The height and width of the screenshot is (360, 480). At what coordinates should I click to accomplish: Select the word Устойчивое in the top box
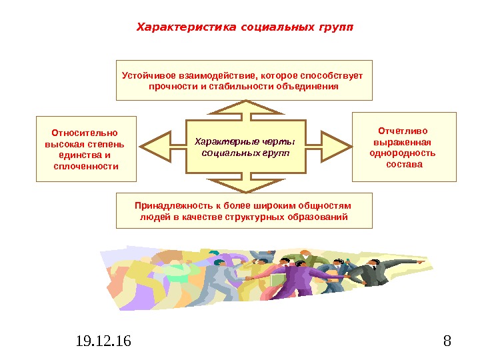coord(145,75)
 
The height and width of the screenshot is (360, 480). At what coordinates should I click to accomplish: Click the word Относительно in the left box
coord(85,132)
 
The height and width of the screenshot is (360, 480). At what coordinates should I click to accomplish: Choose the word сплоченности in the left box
coord(85,166)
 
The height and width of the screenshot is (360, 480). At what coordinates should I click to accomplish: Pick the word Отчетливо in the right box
coord(403,131)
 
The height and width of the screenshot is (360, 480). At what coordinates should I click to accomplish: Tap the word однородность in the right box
coord(403,153)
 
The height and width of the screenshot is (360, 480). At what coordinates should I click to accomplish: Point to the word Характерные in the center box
coord(219,141)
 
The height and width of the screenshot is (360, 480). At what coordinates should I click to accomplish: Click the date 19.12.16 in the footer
coord(104,342)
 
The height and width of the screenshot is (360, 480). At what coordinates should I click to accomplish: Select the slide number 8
coord(447,342)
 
